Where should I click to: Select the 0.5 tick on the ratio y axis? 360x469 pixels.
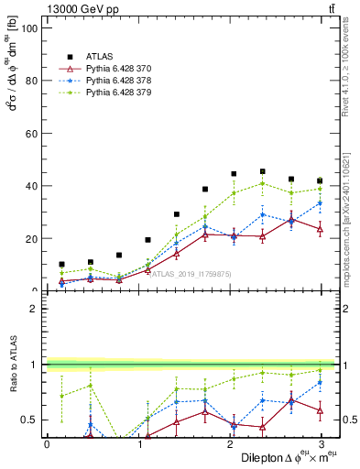[32, 420]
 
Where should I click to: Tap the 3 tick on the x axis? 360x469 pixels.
[320, 443]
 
